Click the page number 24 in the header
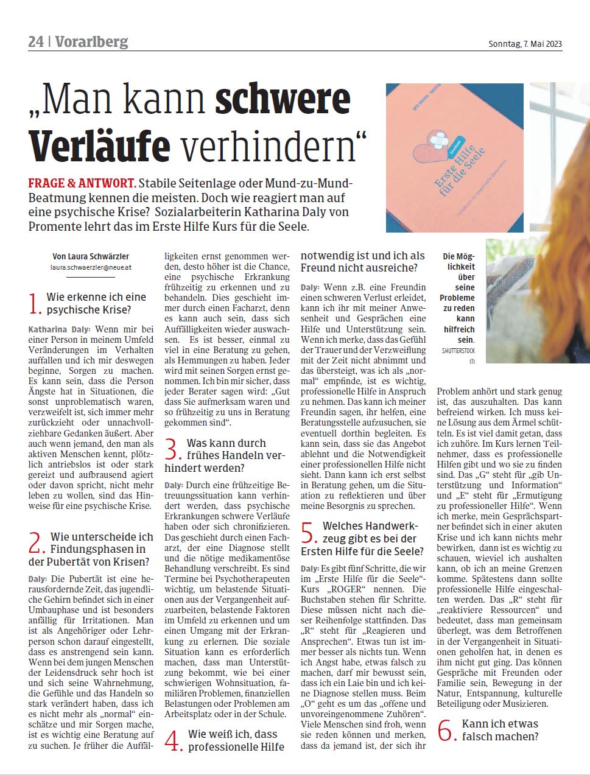(x=36, y=41)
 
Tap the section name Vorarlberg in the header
(x=91, y=41)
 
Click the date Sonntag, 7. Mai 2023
(x=525, y=44)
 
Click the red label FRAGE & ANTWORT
(x=82, y=184)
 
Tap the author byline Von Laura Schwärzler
(x=91, y=256)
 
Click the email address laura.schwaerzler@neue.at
(x=91, y=267)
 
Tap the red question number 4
(x=174, y=741)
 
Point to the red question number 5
(x=310, y=533)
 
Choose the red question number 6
(x=447, y=731)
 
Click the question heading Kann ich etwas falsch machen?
(x=500, y=730)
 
